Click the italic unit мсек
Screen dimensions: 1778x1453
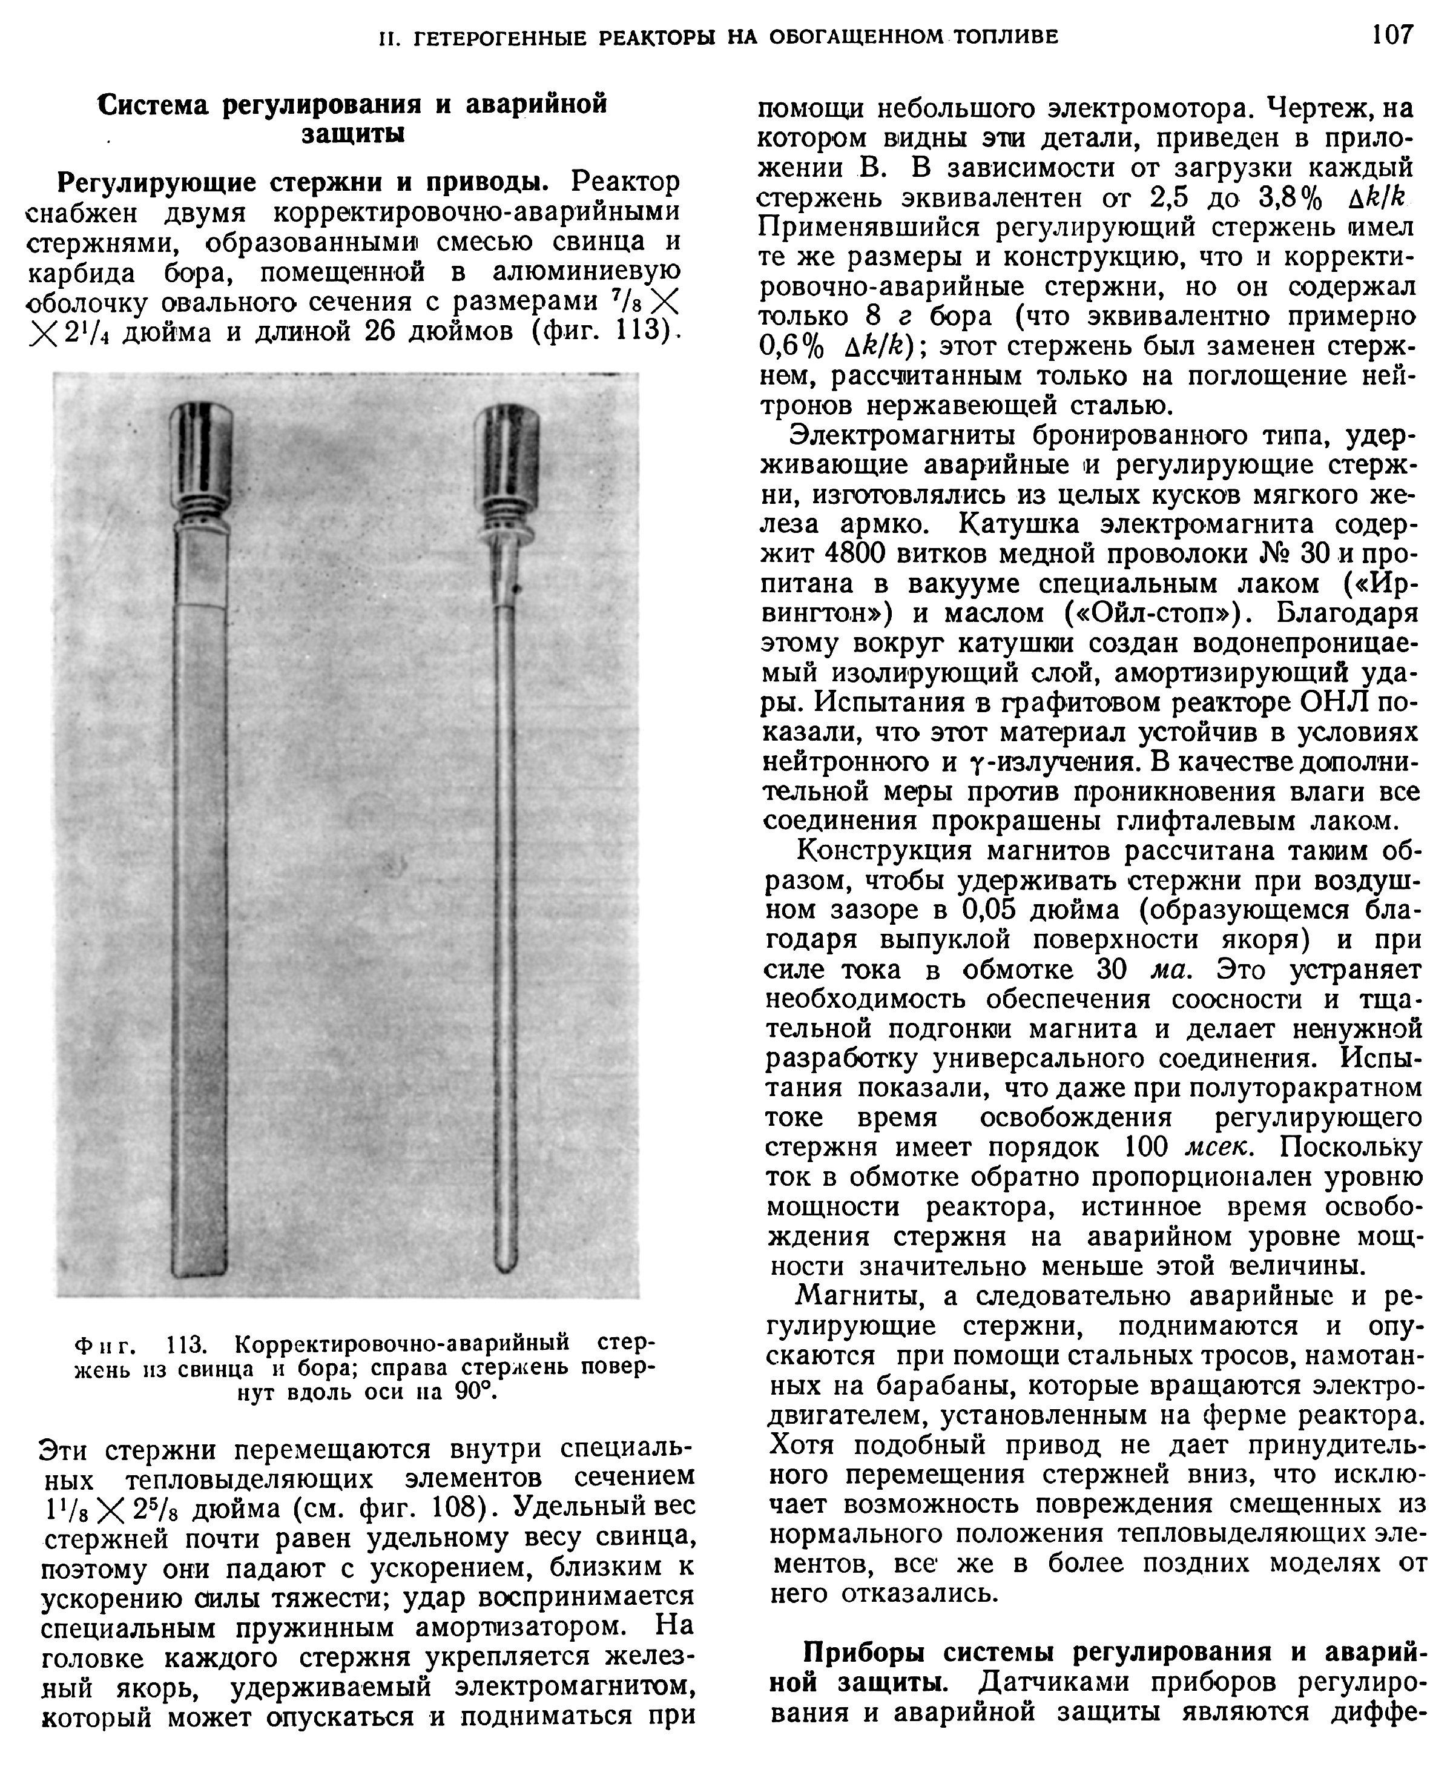point(1219,1148)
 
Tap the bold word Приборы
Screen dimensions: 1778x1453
point(866,1653)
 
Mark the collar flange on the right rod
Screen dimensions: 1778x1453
point(506,535)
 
